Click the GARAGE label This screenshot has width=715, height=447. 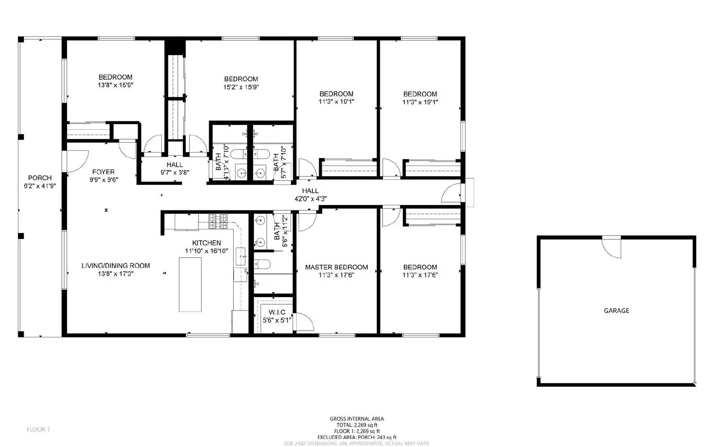(x=616, y=311)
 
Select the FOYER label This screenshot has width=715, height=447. (x=103, y=172)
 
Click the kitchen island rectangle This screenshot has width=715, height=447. (x=190, y=285)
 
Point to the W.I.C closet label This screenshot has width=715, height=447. (x=277, y=312)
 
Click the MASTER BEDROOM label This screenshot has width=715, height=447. (x=336, y=267)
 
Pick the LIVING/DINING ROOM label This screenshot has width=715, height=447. (x=115, y=265)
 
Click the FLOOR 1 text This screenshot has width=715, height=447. (x=38, y=430)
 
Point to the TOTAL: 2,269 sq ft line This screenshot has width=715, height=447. (x=357, y=425)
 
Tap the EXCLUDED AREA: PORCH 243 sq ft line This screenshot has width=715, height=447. (x=357, y=437)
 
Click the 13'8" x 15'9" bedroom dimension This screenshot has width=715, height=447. (x=115, y=85)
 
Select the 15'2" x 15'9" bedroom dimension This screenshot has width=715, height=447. (x=241, y=87)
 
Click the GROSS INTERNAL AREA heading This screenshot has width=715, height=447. (x=357, y=419)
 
